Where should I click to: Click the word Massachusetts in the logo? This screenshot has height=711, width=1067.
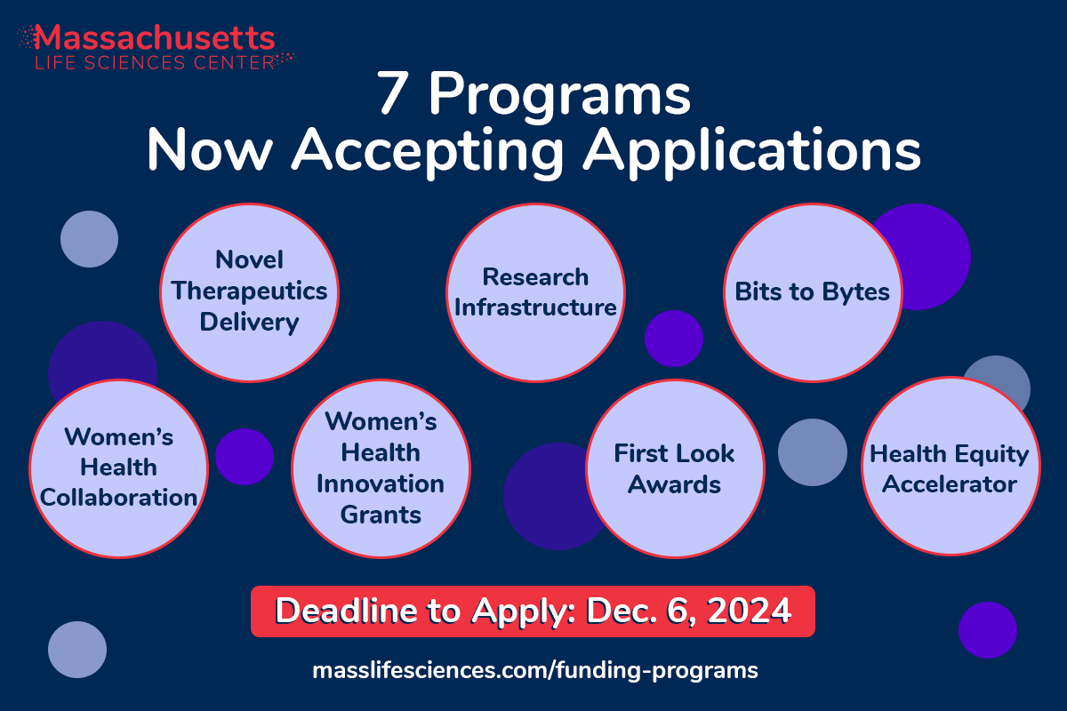pos(155,37)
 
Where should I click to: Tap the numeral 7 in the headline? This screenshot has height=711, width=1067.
pos(393,93)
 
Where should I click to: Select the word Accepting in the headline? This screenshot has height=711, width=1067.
pos(428,151)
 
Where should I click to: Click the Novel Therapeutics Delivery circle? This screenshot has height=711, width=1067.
pos(249,292)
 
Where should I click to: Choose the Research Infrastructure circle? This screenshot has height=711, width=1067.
pos(535,292)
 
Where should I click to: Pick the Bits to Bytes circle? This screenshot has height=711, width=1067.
pos(813,292)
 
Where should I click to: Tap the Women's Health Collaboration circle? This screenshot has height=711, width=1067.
pos(118,468)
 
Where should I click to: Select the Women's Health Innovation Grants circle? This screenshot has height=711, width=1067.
pos(381,468)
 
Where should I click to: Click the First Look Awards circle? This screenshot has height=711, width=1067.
pos(675,468)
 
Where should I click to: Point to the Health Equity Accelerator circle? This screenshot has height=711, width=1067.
pos(951,467)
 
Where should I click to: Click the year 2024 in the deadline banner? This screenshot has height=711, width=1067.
pos(750,611)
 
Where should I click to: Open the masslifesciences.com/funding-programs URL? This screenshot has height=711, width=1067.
pos(535,670)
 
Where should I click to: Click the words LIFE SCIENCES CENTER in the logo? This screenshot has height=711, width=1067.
pos(155,62)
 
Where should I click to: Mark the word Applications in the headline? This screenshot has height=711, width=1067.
pos(752,151)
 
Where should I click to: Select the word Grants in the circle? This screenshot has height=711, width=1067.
pos(381,515)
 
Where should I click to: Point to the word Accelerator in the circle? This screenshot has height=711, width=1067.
pos(950,483)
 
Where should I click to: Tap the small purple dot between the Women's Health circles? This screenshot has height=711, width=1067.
pos(245,457)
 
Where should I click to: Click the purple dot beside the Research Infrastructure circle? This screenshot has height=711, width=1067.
pos(674,339)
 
